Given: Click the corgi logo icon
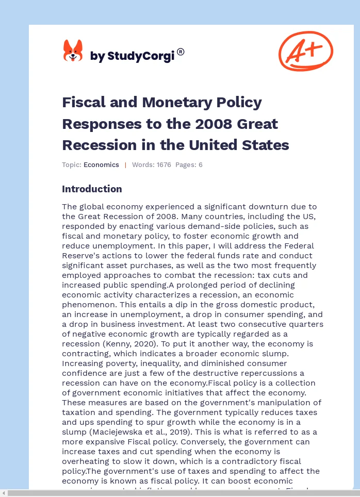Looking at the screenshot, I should coord(73,51).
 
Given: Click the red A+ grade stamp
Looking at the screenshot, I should coord(306,51).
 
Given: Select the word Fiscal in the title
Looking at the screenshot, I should coord(83,102).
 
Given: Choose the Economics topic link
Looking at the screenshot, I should coord(101,165).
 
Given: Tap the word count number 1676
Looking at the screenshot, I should coord(162,165).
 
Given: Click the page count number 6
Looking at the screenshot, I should coord(201,165).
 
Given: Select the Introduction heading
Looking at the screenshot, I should coord(92,189).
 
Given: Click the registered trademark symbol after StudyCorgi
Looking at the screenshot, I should coord(181,52).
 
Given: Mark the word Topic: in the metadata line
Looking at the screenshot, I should coord(71,165).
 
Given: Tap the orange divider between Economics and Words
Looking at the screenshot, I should coord(125,165).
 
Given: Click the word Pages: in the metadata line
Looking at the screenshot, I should coord(186,165).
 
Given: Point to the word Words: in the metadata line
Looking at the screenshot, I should coord(142,165).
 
